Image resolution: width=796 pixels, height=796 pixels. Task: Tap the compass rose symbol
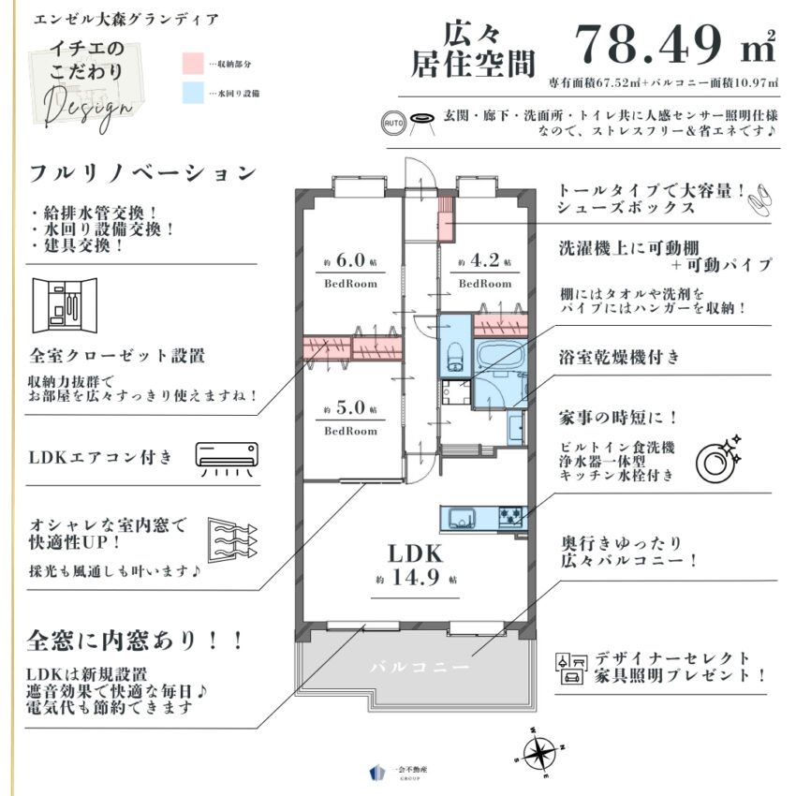tap(540, 749)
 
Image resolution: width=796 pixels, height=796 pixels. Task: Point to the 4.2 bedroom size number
tap(485, 264)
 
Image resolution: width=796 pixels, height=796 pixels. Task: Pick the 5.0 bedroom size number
tap(351, 410)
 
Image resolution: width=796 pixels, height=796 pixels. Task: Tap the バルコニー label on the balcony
tap(418, 668)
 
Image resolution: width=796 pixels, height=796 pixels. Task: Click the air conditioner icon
tap(226, 457)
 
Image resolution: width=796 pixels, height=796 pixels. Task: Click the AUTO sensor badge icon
tap(394, 123)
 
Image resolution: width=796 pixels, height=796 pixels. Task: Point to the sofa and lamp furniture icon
tap(570, 666)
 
